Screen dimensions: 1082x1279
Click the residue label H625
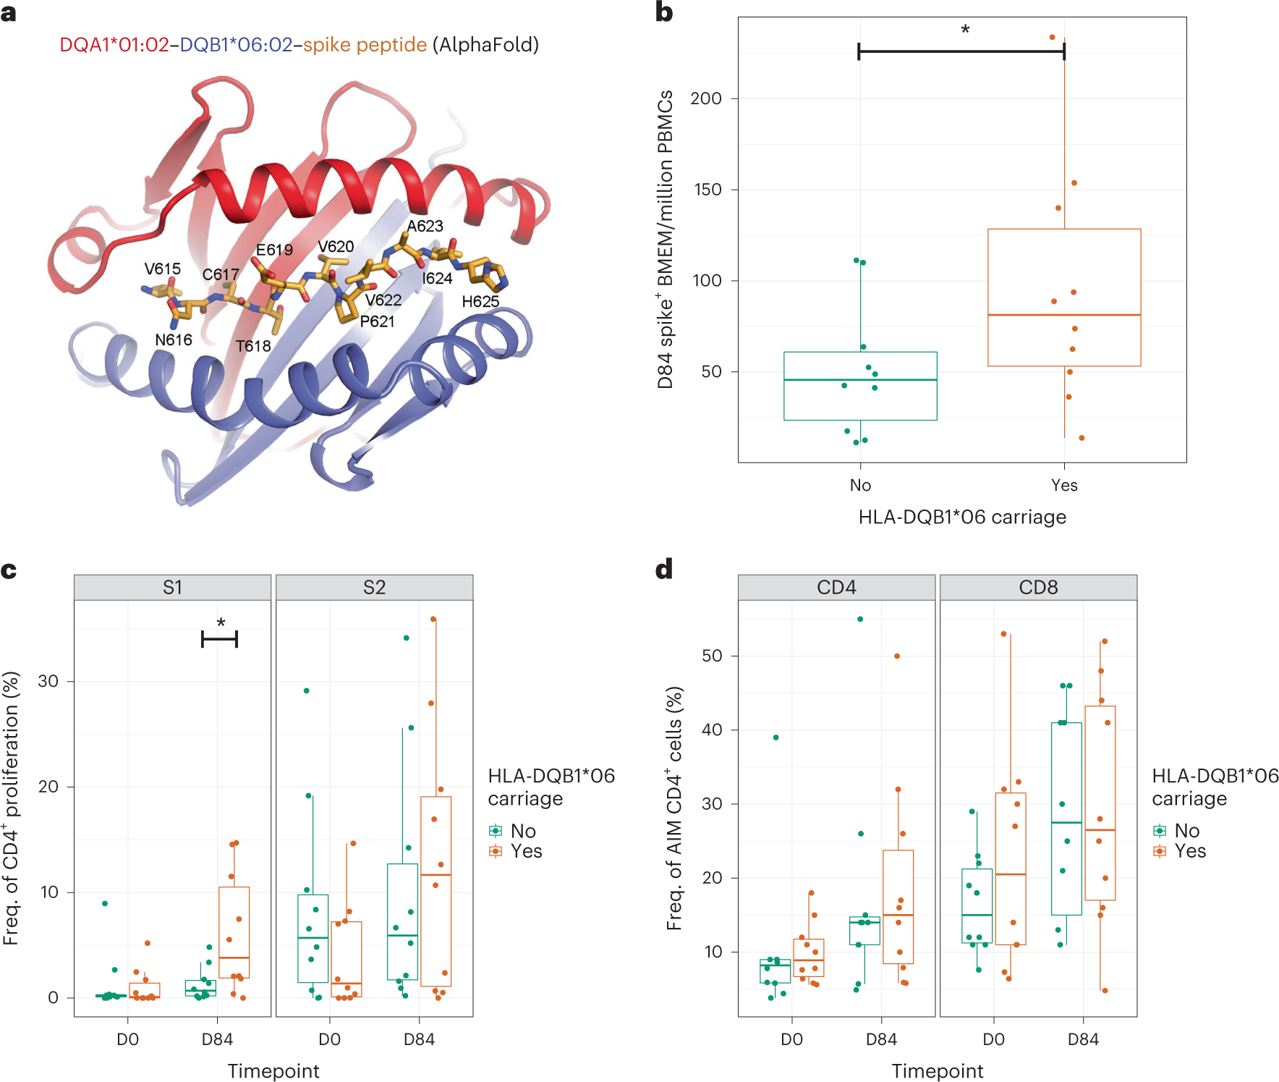coord(480,301)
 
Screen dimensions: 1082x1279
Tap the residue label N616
coord(174,339)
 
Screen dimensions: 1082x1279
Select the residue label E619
coord(274,250)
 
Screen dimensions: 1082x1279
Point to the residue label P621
coord(377,321)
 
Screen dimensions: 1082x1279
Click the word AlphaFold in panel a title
coord(485,45)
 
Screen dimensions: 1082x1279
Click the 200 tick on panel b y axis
coord(706,98)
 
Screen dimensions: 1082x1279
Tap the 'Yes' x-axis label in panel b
coord(1063,486)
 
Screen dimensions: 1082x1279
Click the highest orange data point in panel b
coord(1052,38)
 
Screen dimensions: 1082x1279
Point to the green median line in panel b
coord(860,380)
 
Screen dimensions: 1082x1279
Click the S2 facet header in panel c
coord(374,588)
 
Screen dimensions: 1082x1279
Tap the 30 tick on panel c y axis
coord(48,681)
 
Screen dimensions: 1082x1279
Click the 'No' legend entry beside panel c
coord(523,831)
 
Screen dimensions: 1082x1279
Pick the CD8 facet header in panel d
coord(1038,588)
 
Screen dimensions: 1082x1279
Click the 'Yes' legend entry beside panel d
coord(1190,851)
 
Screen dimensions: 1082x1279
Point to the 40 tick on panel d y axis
coord(712,730)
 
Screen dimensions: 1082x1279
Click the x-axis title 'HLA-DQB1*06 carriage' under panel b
coord(962,517)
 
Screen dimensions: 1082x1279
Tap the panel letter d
coord(663,570)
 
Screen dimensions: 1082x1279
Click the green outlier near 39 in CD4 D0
coord(776,737)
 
